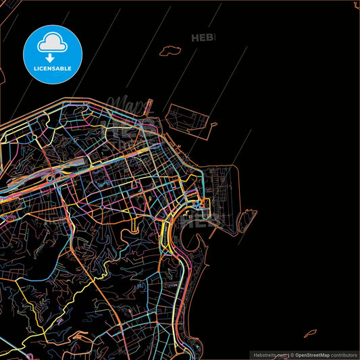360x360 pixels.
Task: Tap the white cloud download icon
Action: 53,42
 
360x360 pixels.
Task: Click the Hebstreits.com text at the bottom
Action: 268,355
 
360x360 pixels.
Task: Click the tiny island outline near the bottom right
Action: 310,333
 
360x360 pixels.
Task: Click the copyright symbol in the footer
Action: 292,355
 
